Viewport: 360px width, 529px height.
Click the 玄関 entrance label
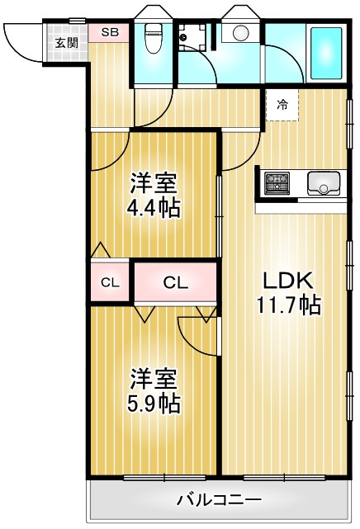[66, 43]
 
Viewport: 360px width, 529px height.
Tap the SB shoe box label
[109, 32]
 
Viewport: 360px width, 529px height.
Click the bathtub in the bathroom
[325, 52]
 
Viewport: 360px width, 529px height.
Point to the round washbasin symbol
[241, 33]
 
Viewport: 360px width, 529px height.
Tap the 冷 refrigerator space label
[282, 105]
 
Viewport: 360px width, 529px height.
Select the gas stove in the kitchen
[277, 182]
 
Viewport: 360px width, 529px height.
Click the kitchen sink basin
[324, 182]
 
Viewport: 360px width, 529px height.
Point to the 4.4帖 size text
[154, 207]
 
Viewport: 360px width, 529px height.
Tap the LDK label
[288, 281]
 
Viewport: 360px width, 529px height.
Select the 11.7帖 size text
[288, 305]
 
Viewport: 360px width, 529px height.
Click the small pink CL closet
[110, 283]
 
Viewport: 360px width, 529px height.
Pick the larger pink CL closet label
[175, 283]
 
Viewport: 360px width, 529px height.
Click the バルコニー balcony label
[219, 499]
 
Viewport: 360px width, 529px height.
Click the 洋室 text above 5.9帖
[154, 378]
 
